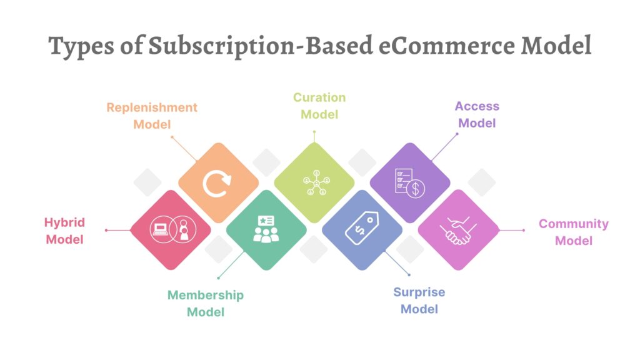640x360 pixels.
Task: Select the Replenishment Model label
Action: [x=152, y=116]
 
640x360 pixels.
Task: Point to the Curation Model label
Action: [x=319, y=106]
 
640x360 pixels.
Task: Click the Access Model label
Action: [x=477, y=114]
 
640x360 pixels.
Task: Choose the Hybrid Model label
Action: [x=64, y=231]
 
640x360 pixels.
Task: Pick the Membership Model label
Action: [x=206, y=303]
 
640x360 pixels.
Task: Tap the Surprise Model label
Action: [x=419, y=301]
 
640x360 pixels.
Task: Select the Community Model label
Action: [x=574, y=232]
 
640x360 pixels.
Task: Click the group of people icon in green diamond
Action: [x=266, y=229]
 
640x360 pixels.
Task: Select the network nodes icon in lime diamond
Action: [x=314, y=182]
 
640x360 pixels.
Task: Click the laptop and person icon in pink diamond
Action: [x=170, y=230]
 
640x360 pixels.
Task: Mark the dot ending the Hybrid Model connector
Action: [x=106, y=230]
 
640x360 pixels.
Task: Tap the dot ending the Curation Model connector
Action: [x=314, y=132]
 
